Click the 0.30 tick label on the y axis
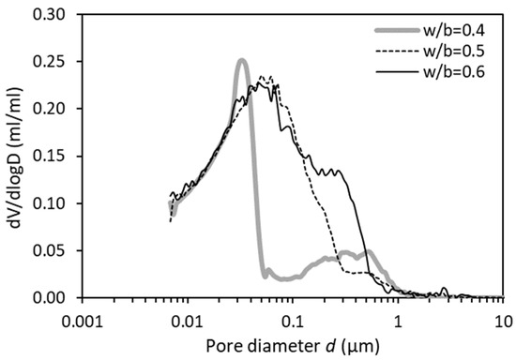53,15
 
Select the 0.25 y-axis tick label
53,62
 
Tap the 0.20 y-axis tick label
53,109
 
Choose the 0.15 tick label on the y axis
53,157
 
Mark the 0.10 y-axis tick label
53,203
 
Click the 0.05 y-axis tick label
53,250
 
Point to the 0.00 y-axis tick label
53,298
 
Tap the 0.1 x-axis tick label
292,318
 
